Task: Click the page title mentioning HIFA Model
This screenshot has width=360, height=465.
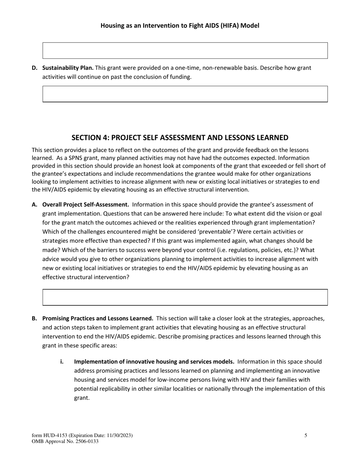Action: [180, 26]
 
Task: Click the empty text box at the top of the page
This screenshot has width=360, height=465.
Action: [185, 50]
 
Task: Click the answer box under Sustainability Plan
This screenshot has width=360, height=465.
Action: [185, 94]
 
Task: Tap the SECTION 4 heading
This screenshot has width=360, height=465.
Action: [180, 137]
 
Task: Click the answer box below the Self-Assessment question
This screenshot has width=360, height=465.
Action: [185, 297]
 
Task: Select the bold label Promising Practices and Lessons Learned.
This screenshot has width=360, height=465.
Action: [98, 318]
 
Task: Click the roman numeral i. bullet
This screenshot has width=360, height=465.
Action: [62, 361]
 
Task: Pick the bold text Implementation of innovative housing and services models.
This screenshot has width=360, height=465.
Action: [154, 361]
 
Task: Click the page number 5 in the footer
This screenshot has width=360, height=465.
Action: [306, 435]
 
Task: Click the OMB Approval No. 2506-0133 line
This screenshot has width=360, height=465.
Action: [65, 441]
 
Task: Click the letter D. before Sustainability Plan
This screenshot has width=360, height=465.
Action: [34, 68]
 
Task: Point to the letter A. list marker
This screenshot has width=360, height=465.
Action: [34, 204]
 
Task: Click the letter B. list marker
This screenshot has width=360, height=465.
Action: [34, 318]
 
